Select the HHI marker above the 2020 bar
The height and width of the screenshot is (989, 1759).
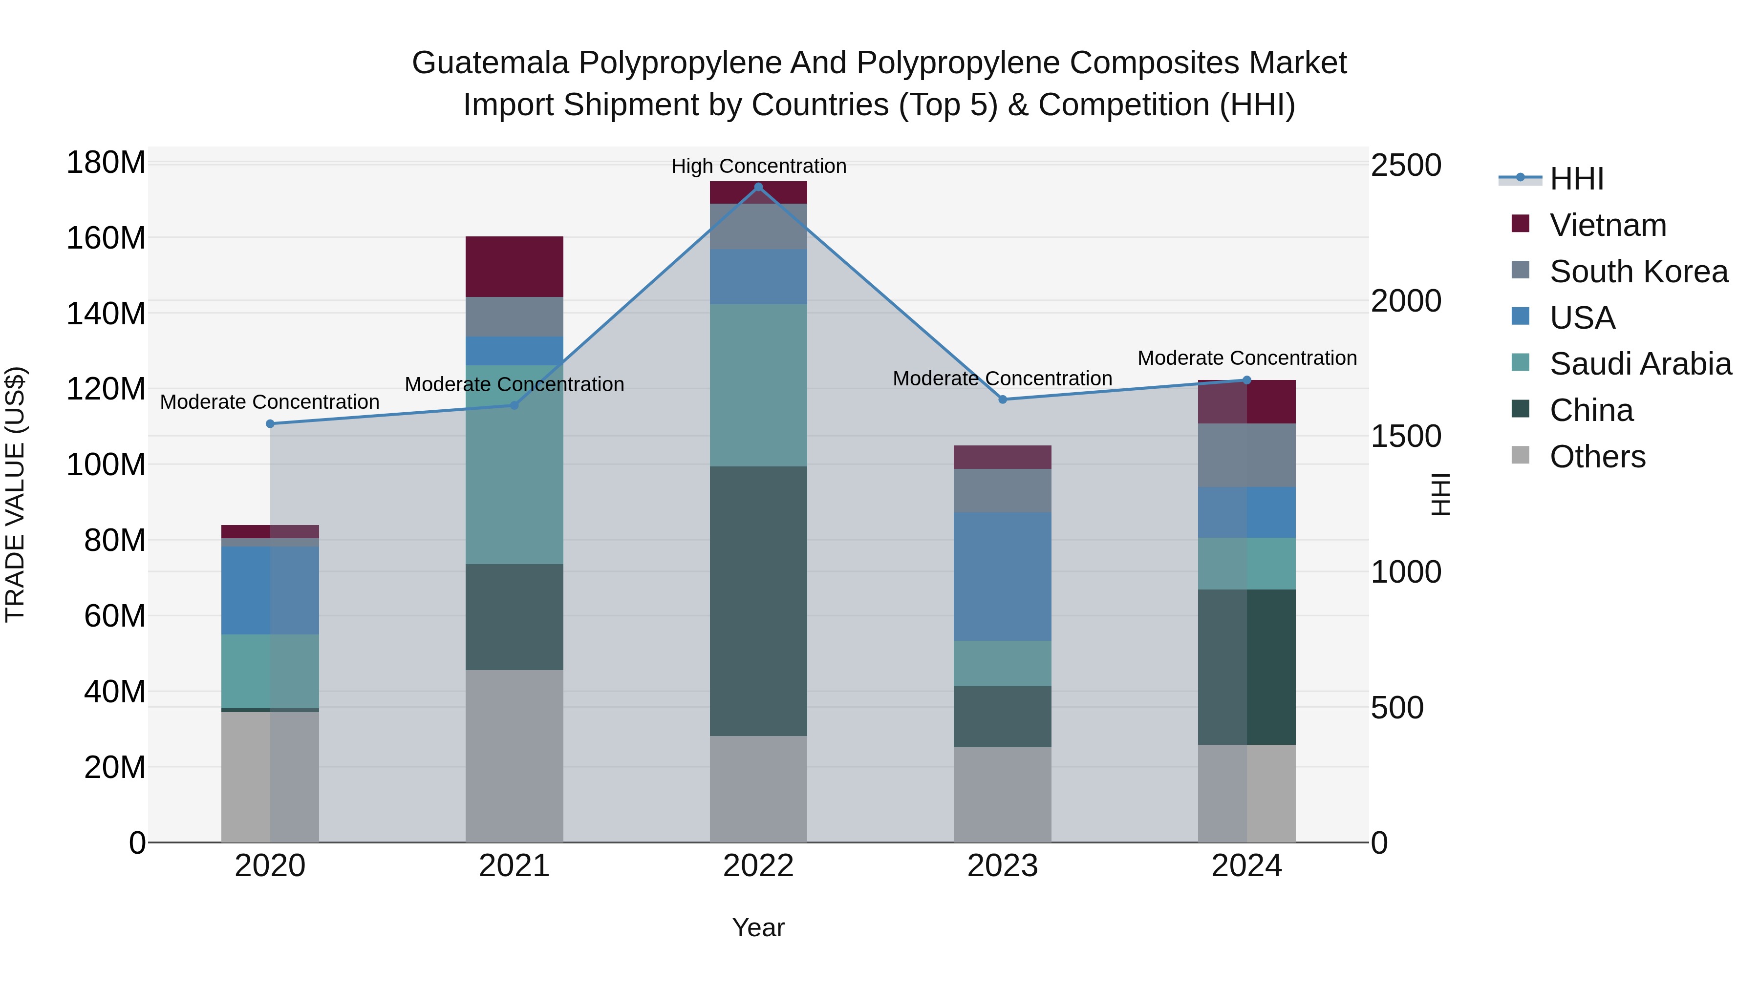270,424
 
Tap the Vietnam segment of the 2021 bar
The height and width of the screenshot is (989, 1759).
514,266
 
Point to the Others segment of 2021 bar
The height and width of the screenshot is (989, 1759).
514,756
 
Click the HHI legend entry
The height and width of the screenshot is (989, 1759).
1576,179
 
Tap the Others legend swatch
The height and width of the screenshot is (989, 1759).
1521,455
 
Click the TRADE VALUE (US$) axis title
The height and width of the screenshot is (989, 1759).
15,494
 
